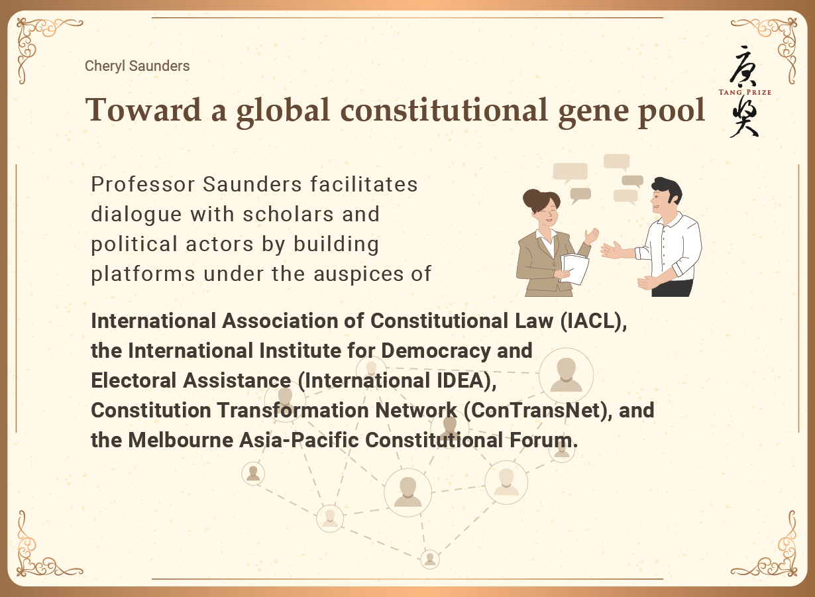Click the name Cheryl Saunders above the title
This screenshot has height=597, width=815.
pos(137,66)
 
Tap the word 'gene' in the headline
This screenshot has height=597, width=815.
pos(593,113)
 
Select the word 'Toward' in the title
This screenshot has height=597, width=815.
pos(143,109)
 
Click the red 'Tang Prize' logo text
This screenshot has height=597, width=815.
pos(745,92)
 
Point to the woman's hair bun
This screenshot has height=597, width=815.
pos(531,198)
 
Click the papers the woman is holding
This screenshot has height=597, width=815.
pos(574,269)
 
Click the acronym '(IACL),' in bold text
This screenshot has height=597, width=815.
pos(594,321)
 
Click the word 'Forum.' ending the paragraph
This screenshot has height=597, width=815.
pos(543,440)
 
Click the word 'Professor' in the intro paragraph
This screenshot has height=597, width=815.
pos(143,184)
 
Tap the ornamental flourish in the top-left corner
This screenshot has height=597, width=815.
pos(40,44)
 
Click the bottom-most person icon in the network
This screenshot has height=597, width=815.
pos(429,559)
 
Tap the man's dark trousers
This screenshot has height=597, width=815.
pos(672,288)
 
